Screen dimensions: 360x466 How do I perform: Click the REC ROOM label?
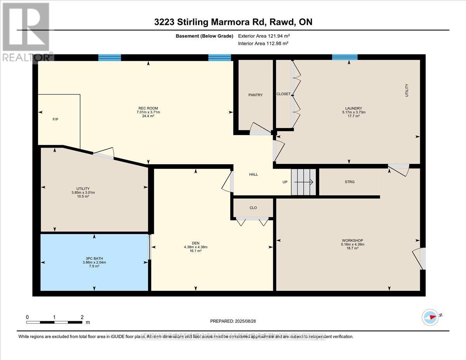(148, 108)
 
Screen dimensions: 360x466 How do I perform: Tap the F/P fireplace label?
(56, 119)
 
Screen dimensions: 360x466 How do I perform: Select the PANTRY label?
(256, 95)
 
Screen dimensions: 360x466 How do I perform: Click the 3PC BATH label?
(94, 258)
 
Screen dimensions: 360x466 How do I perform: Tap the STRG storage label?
(349, 182)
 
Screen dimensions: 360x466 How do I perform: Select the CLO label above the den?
(253, 208)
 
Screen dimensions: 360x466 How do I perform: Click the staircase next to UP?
(304, 182)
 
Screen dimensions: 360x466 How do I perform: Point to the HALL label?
(253, 174)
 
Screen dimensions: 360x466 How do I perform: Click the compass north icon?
(430, 317)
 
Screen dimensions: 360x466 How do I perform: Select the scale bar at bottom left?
(54, 322)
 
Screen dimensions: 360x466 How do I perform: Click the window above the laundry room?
(344, 57)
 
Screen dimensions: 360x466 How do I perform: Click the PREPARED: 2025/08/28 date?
(233, 321)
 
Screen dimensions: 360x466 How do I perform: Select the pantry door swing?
(259, 129)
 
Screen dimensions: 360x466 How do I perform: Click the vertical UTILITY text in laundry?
(407, 90)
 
